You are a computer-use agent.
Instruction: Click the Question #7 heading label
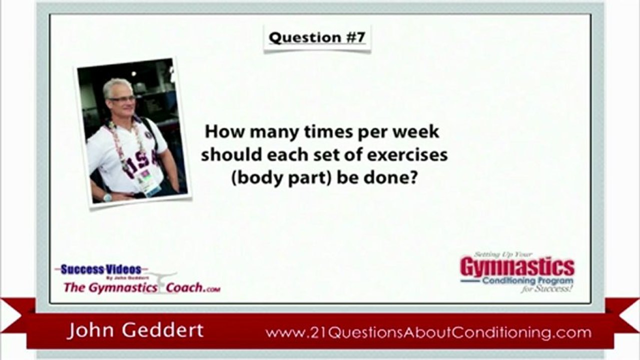tap(317, 37)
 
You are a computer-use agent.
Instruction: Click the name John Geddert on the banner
tap(135, 330)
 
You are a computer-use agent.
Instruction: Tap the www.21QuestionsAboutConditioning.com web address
tap(428, 332)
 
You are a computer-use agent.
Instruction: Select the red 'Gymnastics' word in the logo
tap(517, 266)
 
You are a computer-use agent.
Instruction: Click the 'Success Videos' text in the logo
tap(101, 269)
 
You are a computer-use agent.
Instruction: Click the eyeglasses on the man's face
tap(122, 99)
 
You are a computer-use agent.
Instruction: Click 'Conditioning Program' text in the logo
tap(528, 281)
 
